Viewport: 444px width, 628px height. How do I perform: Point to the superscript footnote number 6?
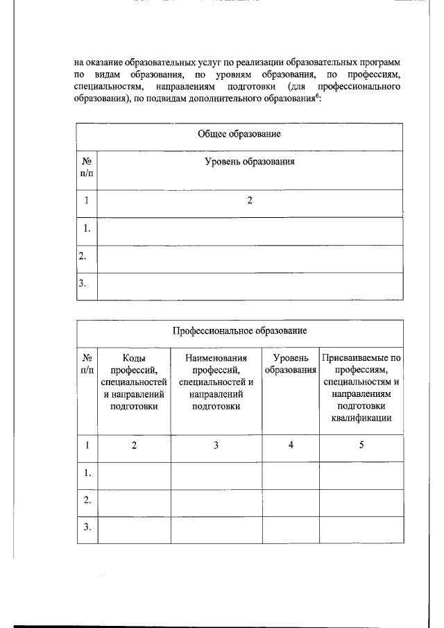pyautogui.click(x=317, y=96)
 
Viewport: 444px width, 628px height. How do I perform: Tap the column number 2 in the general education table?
pyautogui.click(x=250, y=201)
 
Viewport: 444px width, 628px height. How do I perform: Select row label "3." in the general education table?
pyautogui.click(x=83, y=284)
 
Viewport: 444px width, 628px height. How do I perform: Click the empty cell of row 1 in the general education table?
pyautogui.click(x=250, y=228)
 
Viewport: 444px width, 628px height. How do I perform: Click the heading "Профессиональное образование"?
pyautogui.click(x=239, y=331)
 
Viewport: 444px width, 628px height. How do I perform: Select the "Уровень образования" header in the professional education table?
pyautogui.click(x=290, y=364)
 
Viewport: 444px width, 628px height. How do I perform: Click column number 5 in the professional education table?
pyautogui.click(x=361, y=445)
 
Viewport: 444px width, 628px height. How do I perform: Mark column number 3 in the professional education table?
pyautogui.click(x=216, y=445)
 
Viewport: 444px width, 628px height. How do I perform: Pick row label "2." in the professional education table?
pyautogui.click(x=87, y=500)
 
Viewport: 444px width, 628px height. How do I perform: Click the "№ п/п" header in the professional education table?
pyautogui.click(x=87, y=364)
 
